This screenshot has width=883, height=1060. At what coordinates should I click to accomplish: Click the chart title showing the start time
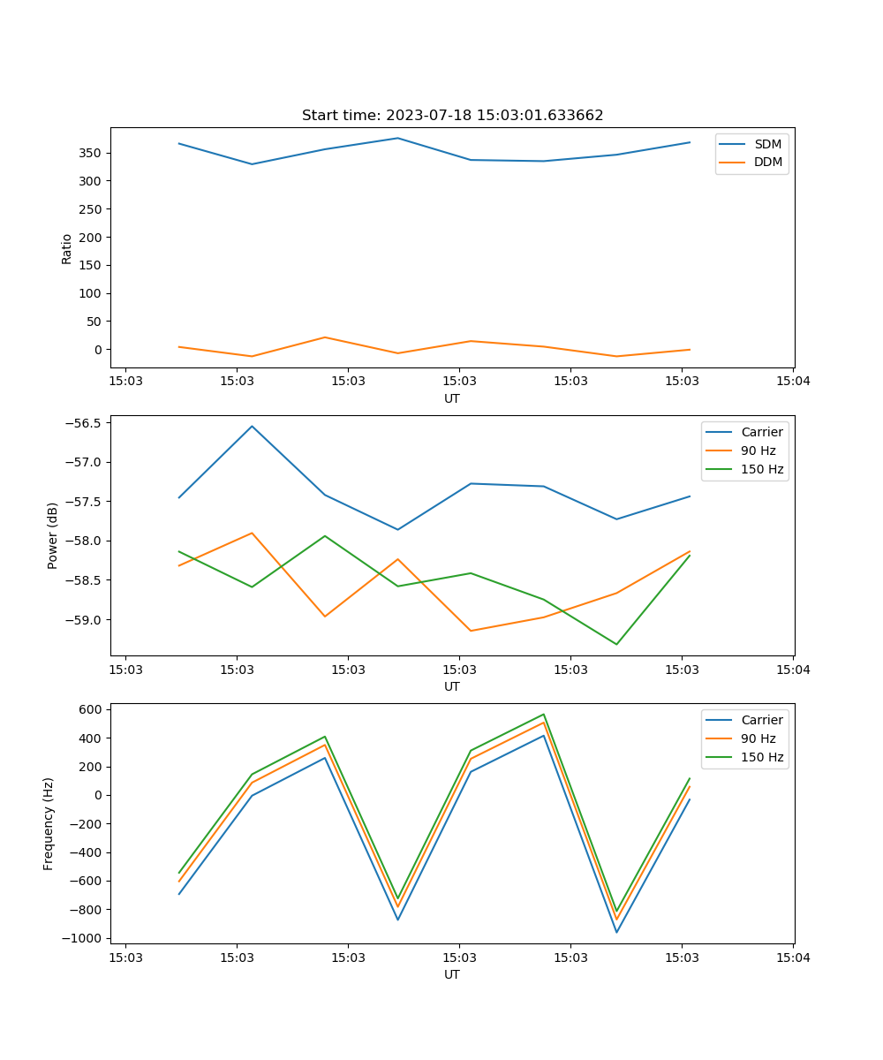452,116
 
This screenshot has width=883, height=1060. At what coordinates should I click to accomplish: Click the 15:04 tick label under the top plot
792,382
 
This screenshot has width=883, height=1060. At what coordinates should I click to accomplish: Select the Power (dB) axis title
53,535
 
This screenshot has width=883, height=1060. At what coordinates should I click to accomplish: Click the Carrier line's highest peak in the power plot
252,426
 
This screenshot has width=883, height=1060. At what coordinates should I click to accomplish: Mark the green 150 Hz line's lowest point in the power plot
616,644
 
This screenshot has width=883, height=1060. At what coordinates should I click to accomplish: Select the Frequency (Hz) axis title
49,823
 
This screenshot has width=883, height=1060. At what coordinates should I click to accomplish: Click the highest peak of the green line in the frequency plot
544,714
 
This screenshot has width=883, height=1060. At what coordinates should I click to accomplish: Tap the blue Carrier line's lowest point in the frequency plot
616,932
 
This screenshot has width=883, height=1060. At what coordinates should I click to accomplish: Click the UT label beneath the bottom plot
452,974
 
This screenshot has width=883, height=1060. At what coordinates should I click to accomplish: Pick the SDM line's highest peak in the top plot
397,138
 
